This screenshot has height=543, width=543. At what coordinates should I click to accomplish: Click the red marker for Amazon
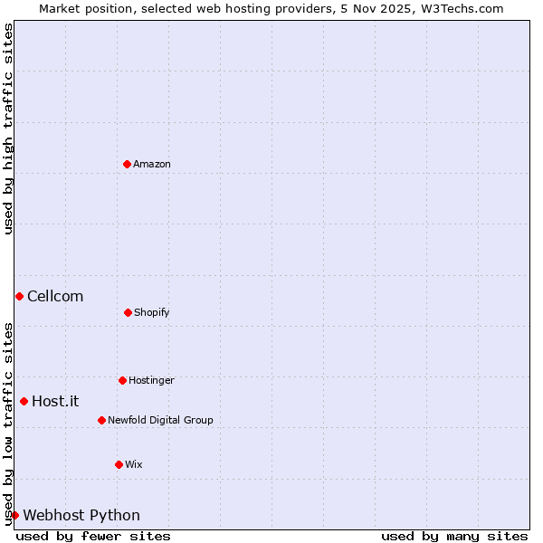coord(127,164)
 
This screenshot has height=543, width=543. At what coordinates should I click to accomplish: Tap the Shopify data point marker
coord(128,312)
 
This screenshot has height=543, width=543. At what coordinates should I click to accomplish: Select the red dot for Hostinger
coord(122,380)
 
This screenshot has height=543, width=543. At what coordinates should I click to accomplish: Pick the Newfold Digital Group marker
coord(101,420)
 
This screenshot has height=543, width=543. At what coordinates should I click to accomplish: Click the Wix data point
coord(119,464)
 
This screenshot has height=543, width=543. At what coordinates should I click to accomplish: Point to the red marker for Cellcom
coord(19,296)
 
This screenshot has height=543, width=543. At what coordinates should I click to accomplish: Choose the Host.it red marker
coord(24,401)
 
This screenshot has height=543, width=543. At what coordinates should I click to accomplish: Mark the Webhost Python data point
coord(14,515)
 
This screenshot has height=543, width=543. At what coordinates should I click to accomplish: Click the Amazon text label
coord(152,164)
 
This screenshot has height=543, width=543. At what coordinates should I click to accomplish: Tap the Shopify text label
coord(152,312)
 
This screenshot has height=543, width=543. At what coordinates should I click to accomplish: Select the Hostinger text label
coord(151,380)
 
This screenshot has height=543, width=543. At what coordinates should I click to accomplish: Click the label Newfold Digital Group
coord(160,420)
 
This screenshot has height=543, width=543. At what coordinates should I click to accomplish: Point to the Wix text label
coord(134,464)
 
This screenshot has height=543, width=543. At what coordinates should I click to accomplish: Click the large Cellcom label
coord(55,296)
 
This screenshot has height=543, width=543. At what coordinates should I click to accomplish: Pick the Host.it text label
coord(55,401)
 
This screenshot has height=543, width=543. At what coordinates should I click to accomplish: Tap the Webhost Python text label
coord(81,515)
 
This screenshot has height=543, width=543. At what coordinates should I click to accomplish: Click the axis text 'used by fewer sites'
coord(93,536)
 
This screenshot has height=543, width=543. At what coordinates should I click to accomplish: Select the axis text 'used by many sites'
coord(454,536)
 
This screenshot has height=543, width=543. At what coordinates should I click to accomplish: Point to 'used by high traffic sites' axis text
coord(8,129)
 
